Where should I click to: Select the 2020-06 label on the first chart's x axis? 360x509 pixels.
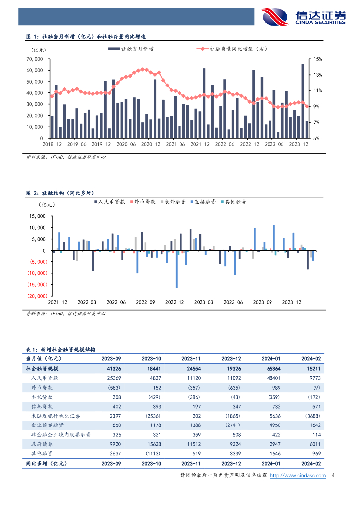click(125, 144)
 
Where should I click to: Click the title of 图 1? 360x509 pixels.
click(87, 37)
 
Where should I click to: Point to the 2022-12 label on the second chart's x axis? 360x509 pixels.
click(174, 302)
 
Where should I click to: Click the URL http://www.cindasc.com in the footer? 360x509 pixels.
click(302, 476)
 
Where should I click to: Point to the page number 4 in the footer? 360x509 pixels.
click(332, 476)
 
